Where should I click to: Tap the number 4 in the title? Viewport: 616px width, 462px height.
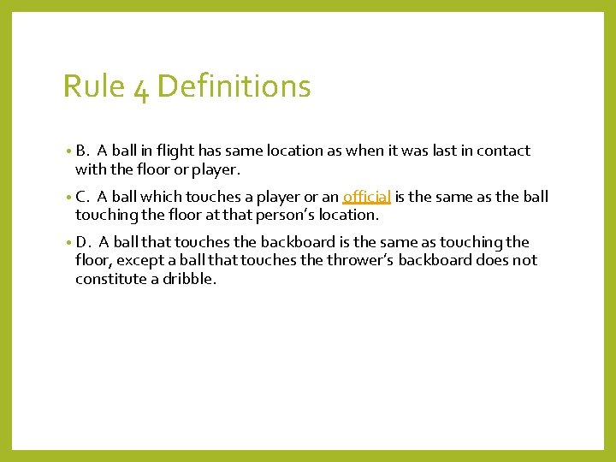click(141, 88)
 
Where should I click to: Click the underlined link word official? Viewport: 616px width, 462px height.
click(367, 197)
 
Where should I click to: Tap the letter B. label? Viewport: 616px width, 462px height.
click(83, 151)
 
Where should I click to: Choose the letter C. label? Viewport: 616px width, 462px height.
click(83, 197)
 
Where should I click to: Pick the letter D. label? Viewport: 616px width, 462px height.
click(84, 243)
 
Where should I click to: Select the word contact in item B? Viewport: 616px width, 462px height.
click(505, 151)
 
